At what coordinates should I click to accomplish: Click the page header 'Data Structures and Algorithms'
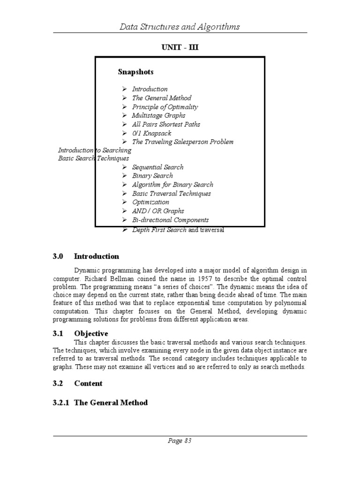(x=180, y=27)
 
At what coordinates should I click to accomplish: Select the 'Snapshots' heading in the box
(x=135, y=72)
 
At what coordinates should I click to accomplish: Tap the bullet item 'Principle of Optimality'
(x=165, y=107)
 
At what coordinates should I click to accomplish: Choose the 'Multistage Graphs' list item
(x=158, y=115)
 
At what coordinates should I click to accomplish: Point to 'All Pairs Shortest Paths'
(x=166, y=124)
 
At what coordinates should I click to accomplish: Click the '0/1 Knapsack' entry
(x=151, y=133)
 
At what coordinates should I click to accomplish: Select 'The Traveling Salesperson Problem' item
(x=182, y=142)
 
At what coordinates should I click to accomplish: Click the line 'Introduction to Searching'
(x=94, y=150)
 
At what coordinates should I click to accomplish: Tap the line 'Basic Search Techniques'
(x=94, y=158)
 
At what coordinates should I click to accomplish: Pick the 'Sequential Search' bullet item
(x=157, y=167)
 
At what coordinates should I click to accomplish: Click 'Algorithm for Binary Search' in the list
(x=172, y=185)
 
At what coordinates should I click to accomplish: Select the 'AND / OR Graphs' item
(x=158, y=211)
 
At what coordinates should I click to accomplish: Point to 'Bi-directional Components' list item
(x=170, y=220)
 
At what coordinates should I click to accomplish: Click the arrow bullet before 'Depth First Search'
(x=125, y=230)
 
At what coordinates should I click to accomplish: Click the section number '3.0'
(x=58, y=256)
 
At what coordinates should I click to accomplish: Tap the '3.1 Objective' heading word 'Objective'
(x=91, y=334)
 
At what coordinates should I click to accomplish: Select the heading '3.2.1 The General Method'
(x=100, y=403)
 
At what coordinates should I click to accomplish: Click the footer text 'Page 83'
(x=180, y=441)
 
